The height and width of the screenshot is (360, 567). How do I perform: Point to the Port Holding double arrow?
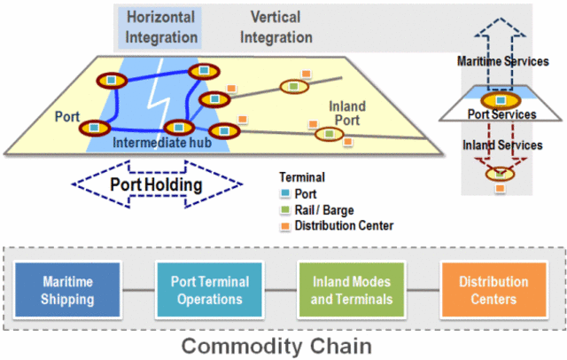point(155,184)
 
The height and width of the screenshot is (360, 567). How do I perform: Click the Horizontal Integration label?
point(161,27)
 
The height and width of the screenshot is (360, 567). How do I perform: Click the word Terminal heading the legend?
point(301,177)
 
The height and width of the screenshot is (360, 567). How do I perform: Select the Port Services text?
point(501,114)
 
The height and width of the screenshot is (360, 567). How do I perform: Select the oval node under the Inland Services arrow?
point(501,173)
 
